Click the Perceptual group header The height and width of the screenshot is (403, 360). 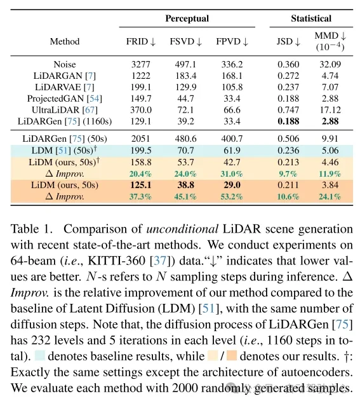(187, 18)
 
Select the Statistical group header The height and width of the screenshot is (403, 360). (311, 18)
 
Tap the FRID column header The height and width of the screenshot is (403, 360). (141, 42)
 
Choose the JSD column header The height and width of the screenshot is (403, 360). (288, 42)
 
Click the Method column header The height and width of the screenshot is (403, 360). (65, 42)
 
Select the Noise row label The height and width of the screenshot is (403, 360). (65, 64)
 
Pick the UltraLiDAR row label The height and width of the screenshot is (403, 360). (65, 110)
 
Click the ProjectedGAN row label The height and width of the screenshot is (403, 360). (65, 99)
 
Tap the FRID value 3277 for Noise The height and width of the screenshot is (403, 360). (141, 64)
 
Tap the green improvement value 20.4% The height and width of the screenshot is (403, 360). (141, 174)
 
